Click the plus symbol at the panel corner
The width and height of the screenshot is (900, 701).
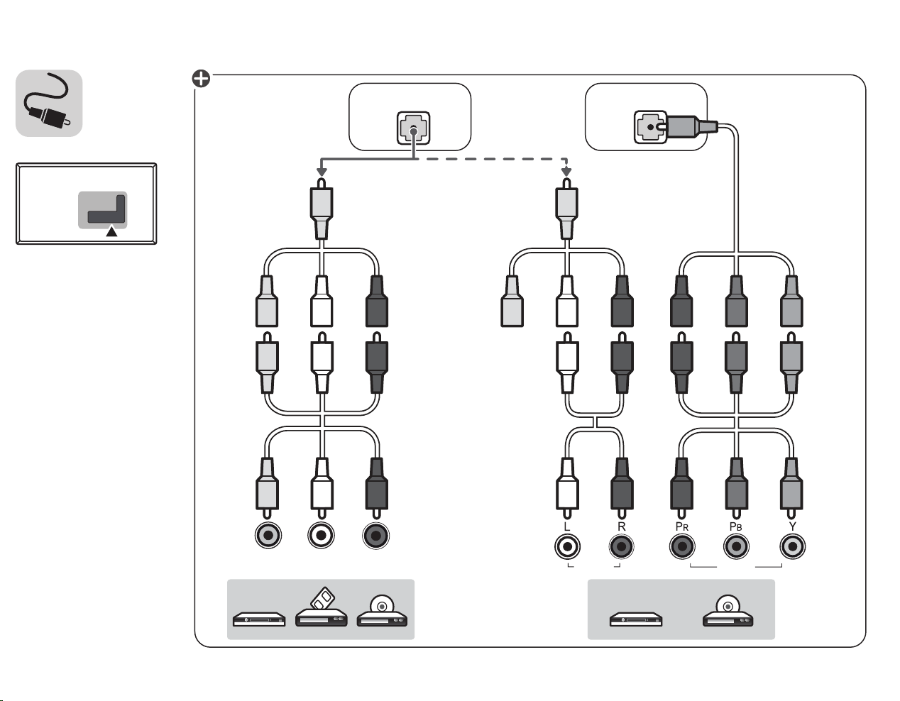(201, 79)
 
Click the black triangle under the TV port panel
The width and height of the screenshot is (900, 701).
(112, 231)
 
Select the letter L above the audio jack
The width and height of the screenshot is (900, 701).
(567, 526)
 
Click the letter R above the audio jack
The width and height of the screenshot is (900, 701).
(621, 526)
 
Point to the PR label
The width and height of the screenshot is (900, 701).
(681, 526)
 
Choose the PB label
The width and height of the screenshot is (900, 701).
(735, 526)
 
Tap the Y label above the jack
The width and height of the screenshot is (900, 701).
(792, 526)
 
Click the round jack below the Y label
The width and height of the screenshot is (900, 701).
(792, 546)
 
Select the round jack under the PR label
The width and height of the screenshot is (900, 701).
(682, 546)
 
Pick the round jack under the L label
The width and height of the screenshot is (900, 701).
(567, 546)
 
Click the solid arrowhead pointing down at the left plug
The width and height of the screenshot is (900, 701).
(322, 172)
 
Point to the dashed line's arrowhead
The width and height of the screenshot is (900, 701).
(566, 172)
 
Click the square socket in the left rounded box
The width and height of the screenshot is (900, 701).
(413, 128)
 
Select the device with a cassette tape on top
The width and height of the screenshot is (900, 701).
(322, 607)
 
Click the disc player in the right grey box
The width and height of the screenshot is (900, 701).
(728, 611)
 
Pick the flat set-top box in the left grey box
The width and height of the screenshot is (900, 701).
(259, 619)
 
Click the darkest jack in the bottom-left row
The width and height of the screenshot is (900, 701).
(375, 536)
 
